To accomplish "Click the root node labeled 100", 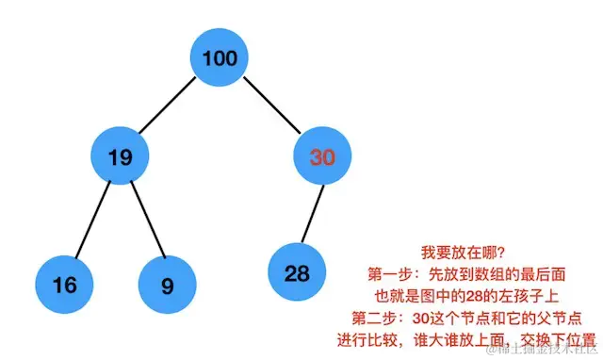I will (x=220, y=58).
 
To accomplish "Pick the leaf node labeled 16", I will (x=65, y=284).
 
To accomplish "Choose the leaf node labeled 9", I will (x=167, y=284).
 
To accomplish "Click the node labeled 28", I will (x=297, y=273).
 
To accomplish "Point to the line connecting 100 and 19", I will (x=170, y=107).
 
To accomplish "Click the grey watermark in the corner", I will (x=536, y=350).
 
